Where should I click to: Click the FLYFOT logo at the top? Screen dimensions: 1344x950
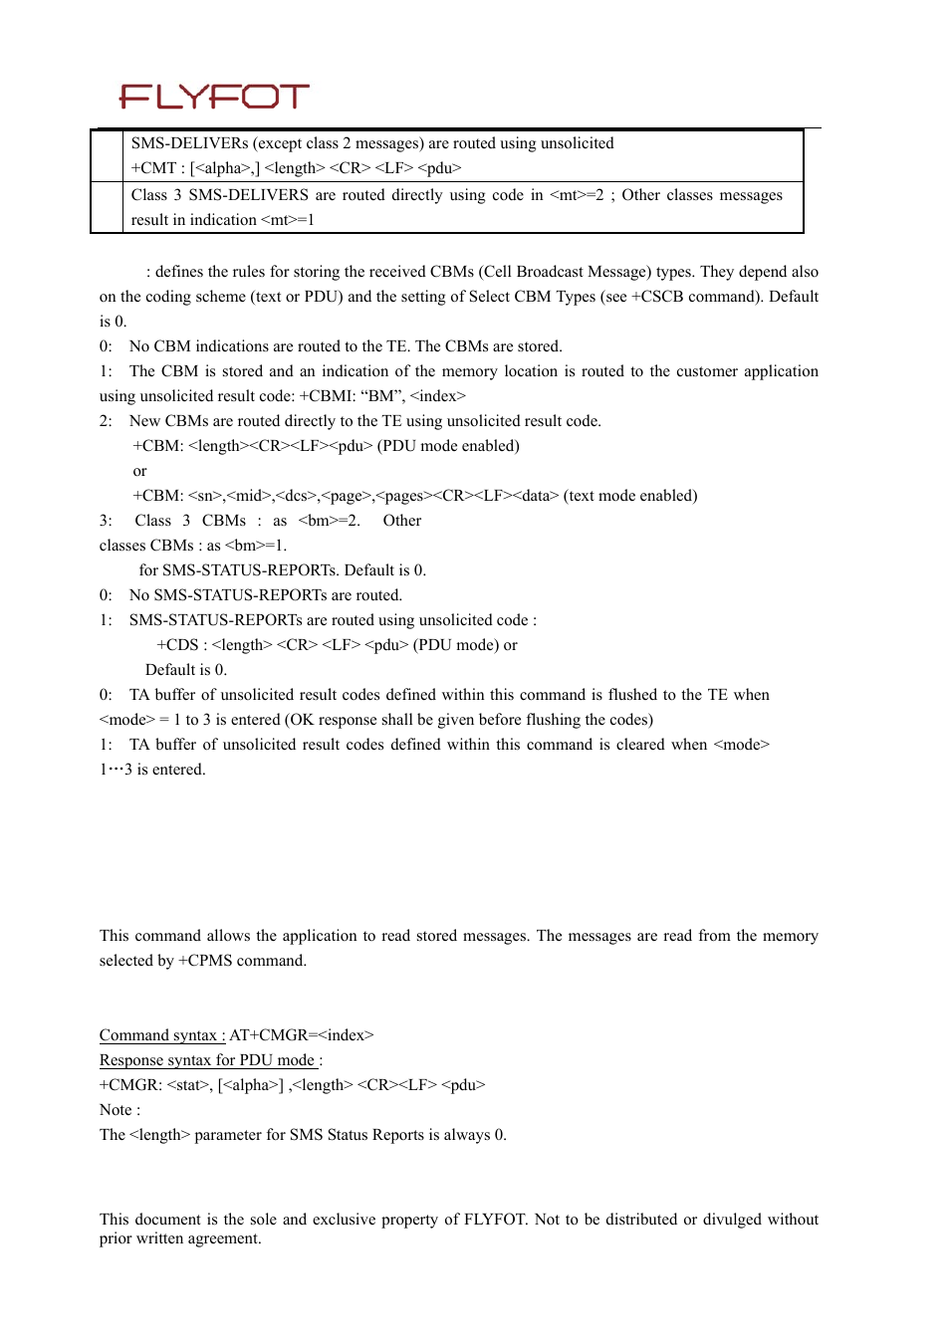coord(214,97)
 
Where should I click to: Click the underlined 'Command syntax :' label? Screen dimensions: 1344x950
coord(162,1035)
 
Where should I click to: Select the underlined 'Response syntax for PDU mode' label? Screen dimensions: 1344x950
coord(208,1060)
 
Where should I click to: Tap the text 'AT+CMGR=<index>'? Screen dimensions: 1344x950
coord(302,1035)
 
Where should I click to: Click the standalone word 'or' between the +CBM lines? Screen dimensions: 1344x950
coord(139,471)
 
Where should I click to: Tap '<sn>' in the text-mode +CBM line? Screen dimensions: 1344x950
coord(205,496)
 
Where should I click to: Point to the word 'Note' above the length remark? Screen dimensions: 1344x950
coord(116,1110)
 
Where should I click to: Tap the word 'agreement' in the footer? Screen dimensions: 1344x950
coord(224,1238)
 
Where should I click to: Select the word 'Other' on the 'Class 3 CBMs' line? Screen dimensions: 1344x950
coord(402,521)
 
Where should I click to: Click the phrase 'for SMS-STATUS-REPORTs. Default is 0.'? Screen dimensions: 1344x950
coord(283,570)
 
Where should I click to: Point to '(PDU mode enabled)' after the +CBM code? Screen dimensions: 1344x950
coord(448,446)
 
